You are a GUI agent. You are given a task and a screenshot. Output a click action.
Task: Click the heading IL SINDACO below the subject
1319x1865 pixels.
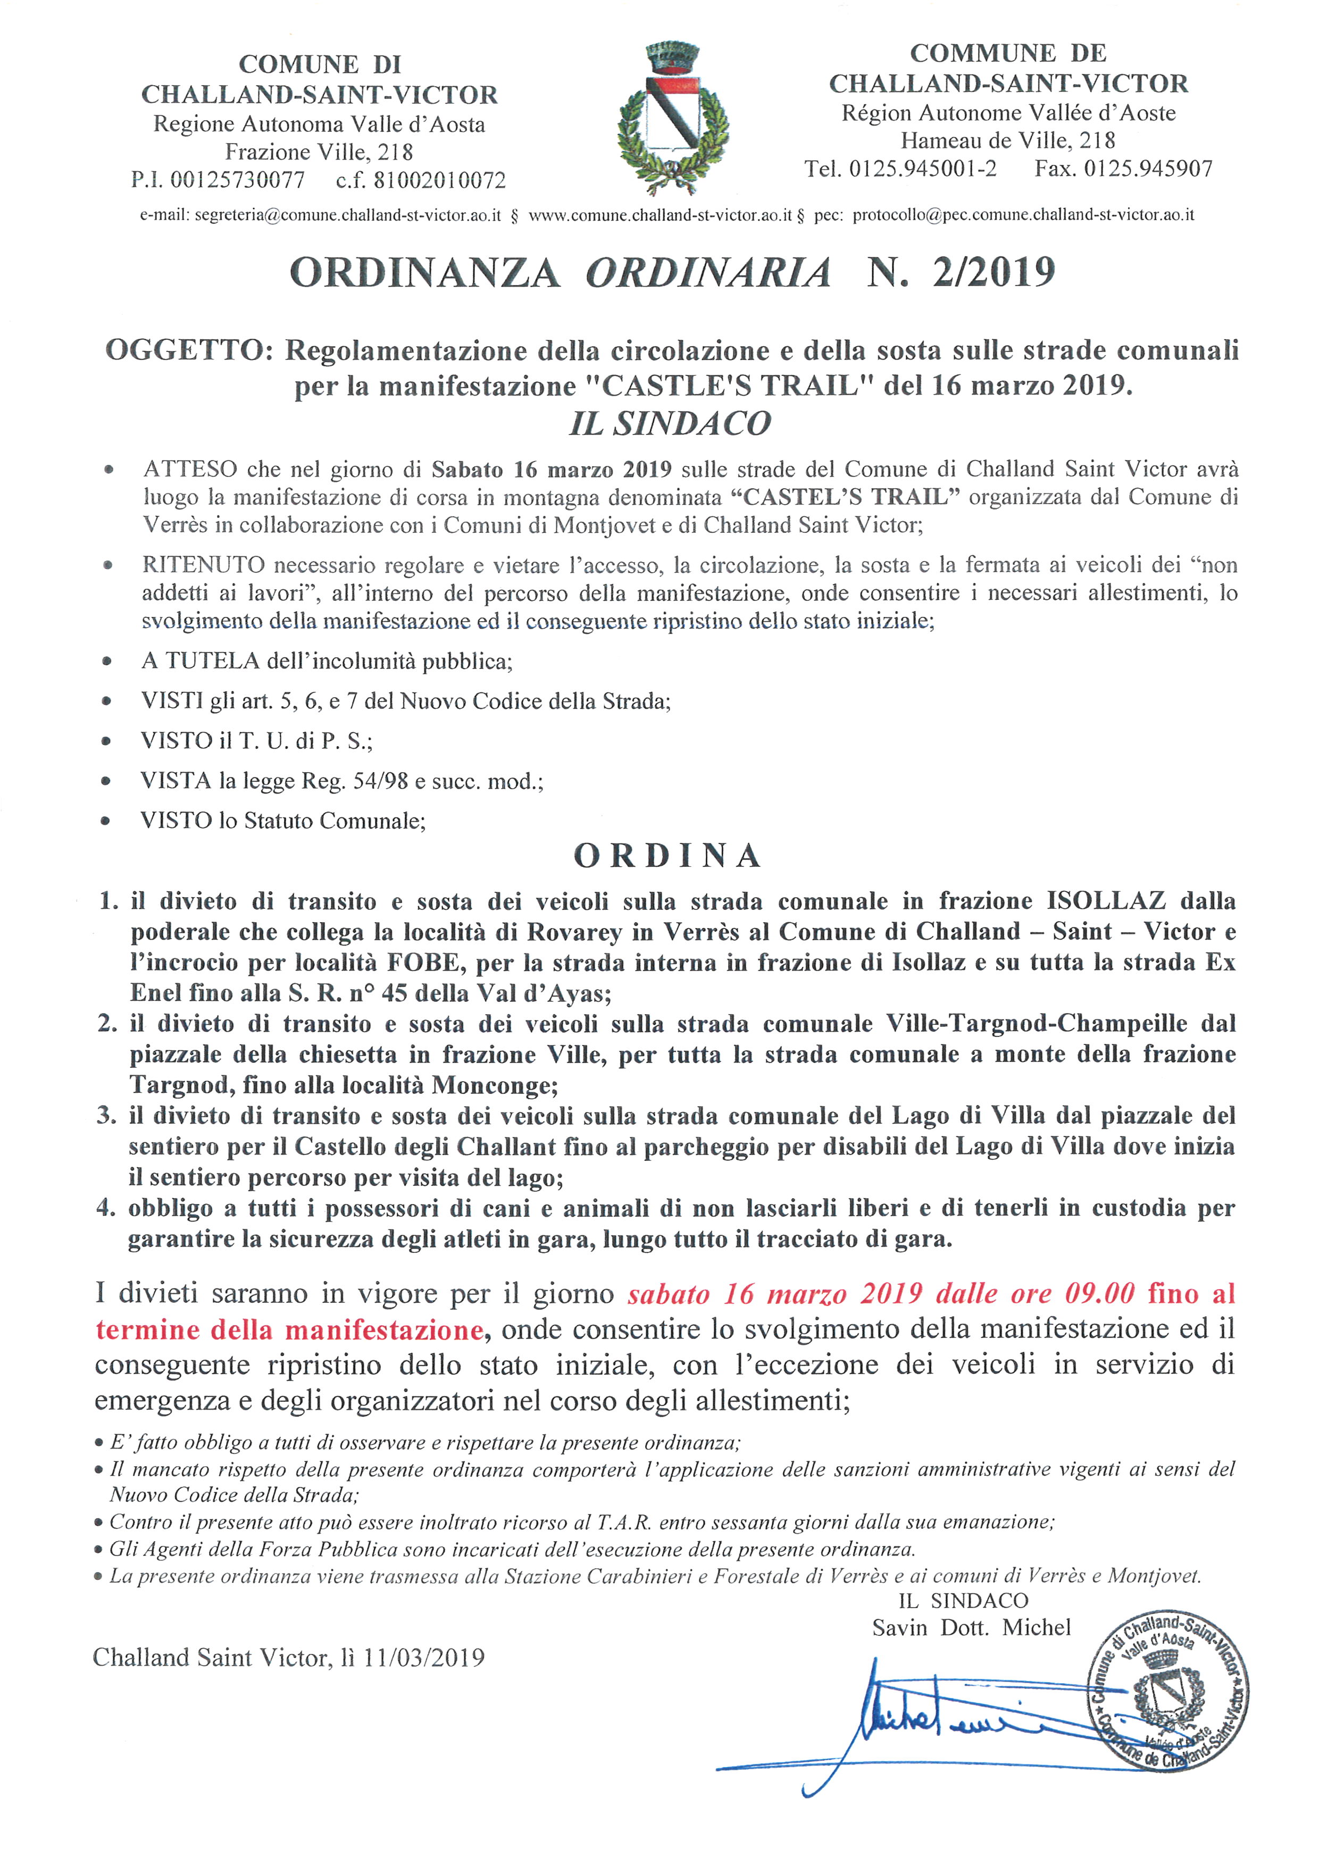pos(670,423)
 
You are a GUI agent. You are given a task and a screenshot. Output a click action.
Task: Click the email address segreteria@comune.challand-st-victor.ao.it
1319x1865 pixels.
pos(347,215)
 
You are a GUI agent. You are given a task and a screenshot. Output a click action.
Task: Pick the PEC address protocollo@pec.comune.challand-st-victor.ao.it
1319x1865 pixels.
pos(1023,215)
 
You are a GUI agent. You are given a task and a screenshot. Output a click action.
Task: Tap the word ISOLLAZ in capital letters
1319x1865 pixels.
pos(1106,901)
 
